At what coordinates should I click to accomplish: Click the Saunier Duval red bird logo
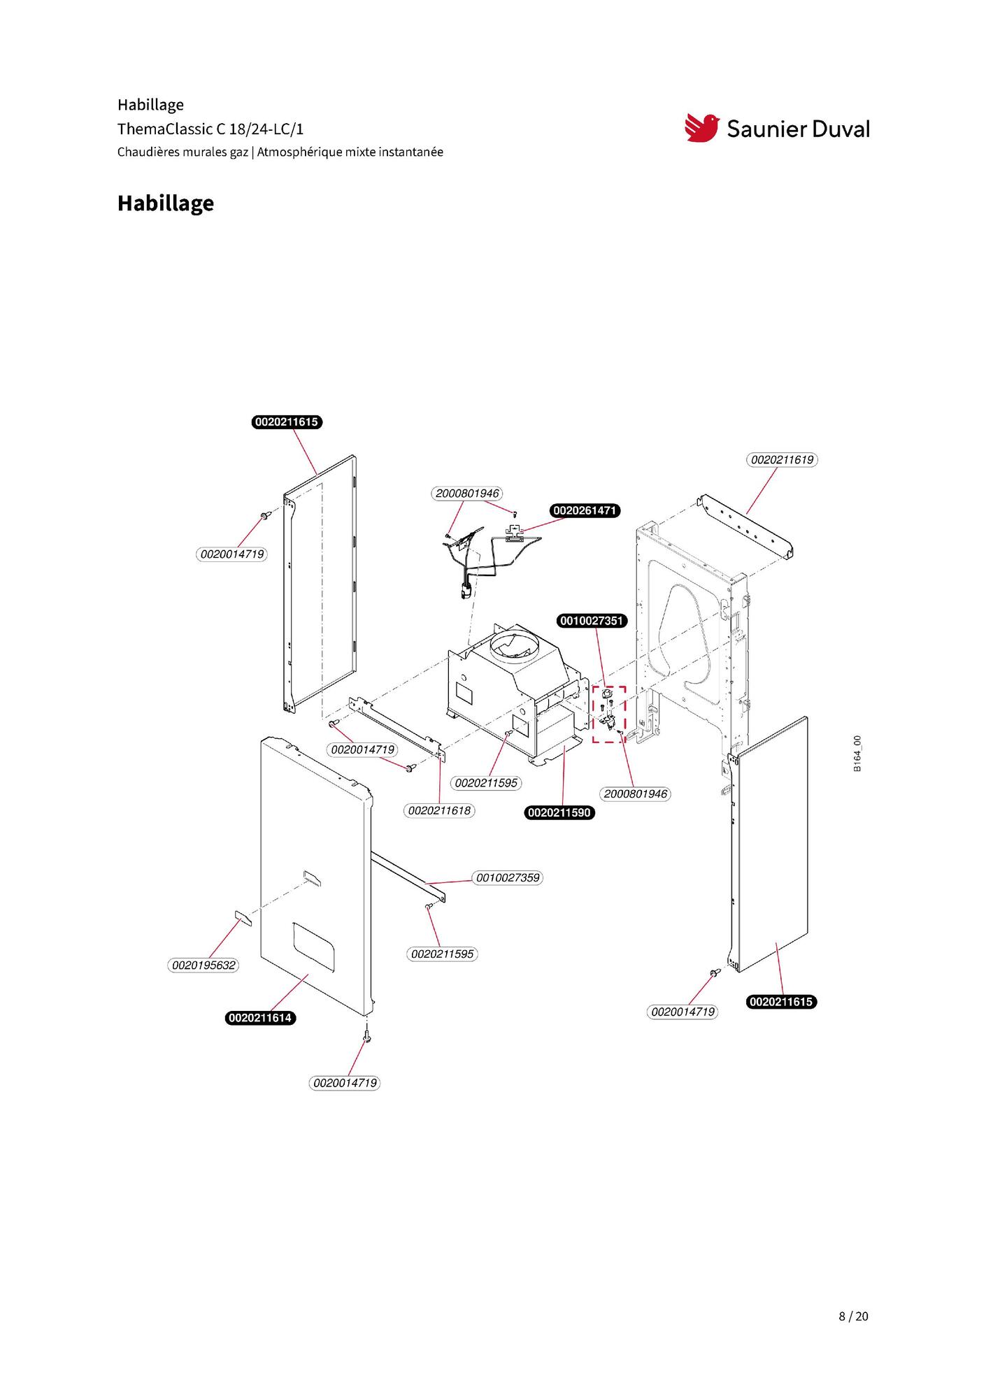point(701,128)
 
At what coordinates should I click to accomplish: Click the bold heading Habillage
point(166,203)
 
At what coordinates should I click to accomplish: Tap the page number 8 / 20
point(853,1316)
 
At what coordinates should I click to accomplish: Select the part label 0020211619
point(783,460)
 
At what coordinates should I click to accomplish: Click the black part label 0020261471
point(585,510)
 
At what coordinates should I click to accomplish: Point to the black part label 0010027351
point(592,621)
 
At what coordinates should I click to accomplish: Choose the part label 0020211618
point(439,810)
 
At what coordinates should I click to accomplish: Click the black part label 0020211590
point(559,812)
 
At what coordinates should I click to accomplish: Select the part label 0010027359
point(508,877)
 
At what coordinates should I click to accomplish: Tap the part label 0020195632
point(203,965)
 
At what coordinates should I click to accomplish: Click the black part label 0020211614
point(260,1018)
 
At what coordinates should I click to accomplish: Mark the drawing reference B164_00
point(857,754)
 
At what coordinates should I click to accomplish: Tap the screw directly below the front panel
point(366,1036)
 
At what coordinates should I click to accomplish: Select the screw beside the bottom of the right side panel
point(714,972)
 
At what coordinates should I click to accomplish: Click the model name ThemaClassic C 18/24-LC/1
point(210,129)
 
